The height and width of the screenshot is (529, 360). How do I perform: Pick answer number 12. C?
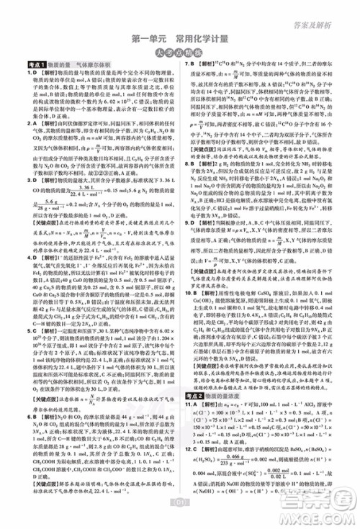point(192,466)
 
